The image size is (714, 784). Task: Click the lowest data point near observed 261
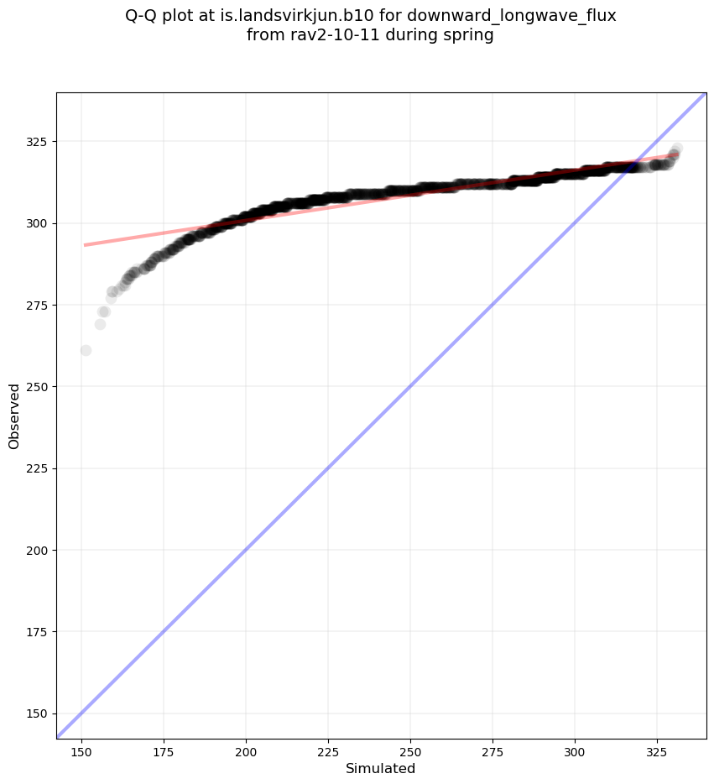(x=86, y=350)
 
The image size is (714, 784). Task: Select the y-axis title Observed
(x=14, y=416)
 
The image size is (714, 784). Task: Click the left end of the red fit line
(x=86, y=245)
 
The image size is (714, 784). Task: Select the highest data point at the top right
(x=676, y=149)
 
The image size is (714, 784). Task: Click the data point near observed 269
(x=100, y=324)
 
